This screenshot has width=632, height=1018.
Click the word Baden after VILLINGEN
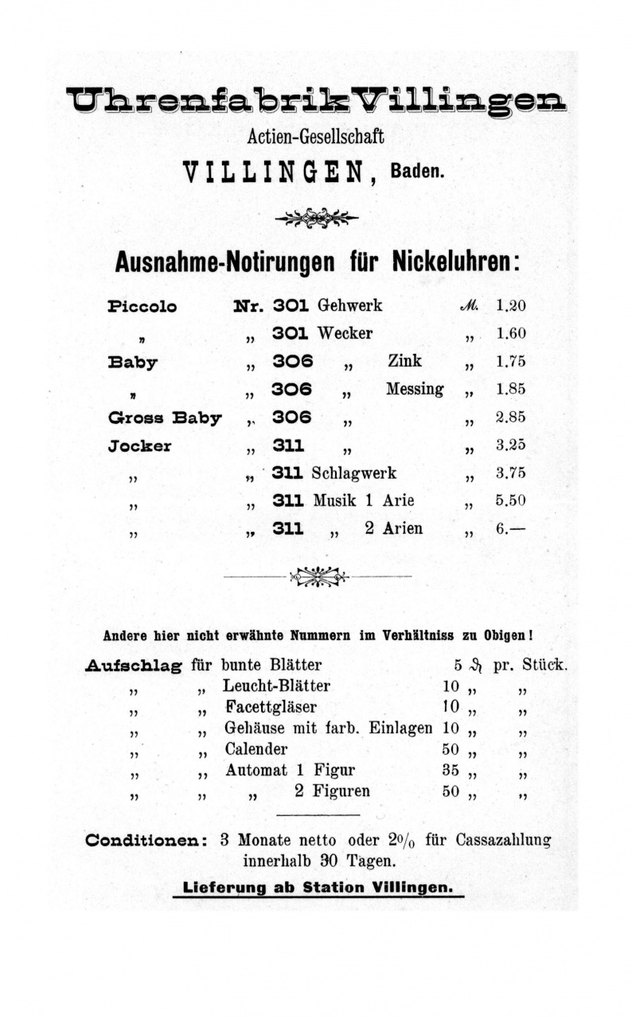[x=417, y=173]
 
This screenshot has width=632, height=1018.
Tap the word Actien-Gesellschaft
[x=316, y=137]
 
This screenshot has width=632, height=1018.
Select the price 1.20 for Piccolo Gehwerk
[x=510, y=305]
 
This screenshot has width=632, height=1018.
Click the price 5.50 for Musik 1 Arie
[x=510, y=501]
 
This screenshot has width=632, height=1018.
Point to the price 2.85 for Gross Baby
[x=510, y=417]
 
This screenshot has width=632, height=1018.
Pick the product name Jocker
[x=139, y=445]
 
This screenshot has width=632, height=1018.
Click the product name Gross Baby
[x=165, y=418]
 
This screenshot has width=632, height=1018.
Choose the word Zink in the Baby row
[x=404, y=361]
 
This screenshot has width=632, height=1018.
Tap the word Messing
[x=415, y=390]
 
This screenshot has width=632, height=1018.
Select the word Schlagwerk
[x=354, y=473]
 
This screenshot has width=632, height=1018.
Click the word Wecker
[x=345, y=333]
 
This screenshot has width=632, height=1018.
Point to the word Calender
[x=256, y=748]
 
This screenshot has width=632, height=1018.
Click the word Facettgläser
[x=271, y=706]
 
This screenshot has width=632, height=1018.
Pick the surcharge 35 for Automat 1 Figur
[x=451, y=770]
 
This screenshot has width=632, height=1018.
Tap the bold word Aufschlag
[x=133, y=666]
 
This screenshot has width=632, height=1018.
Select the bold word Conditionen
[x=147, y=840]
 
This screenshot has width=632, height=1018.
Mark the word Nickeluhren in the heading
[x=455, y=262]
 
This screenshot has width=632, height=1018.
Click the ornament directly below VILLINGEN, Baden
[x=316, y=217]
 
